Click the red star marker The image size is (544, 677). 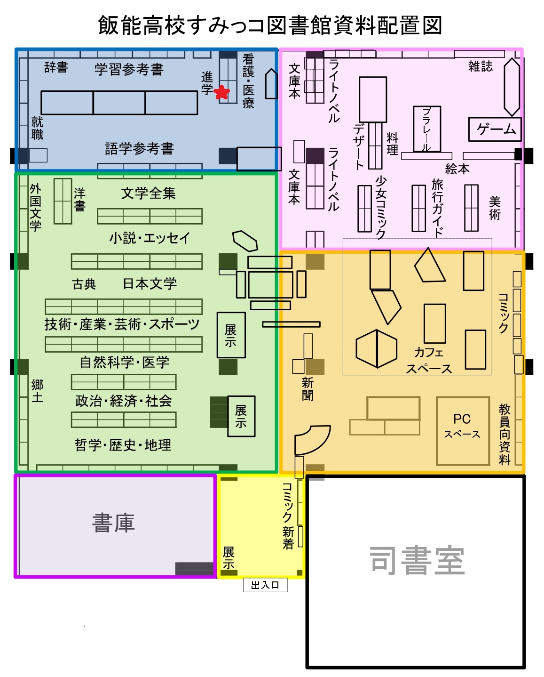click(x=221, y=92)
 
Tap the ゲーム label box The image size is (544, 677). click(x=495, y=129)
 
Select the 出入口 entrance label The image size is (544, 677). click(x=265, y=585)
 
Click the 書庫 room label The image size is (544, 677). click(x=114, y=523)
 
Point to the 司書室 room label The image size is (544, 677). click(x=417, y=561)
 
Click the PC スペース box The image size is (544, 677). click(x=463, y=431)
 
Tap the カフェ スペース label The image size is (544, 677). click(x=429, y=361)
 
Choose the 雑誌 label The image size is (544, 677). click(x=481, y=66)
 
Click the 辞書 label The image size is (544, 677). click(x=56, y=68)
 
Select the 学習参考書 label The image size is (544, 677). click(x=129, y=70)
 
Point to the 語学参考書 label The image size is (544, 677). click(x=140, y=149)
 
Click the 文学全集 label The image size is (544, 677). click(x=149, y=193)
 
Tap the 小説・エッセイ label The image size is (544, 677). click(x=150, y=238)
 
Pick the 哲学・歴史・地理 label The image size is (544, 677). click(x=123, y=445)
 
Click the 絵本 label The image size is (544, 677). click(x=457, y=169)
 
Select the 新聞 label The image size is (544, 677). click(x=307, y=388)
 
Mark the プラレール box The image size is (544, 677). click(x=427, y=129)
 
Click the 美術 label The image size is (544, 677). click(x=495, y=208)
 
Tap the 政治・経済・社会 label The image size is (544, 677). click(x=124, y=401)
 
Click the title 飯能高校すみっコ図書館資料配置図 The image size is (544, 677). click(x=270, y=25)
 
